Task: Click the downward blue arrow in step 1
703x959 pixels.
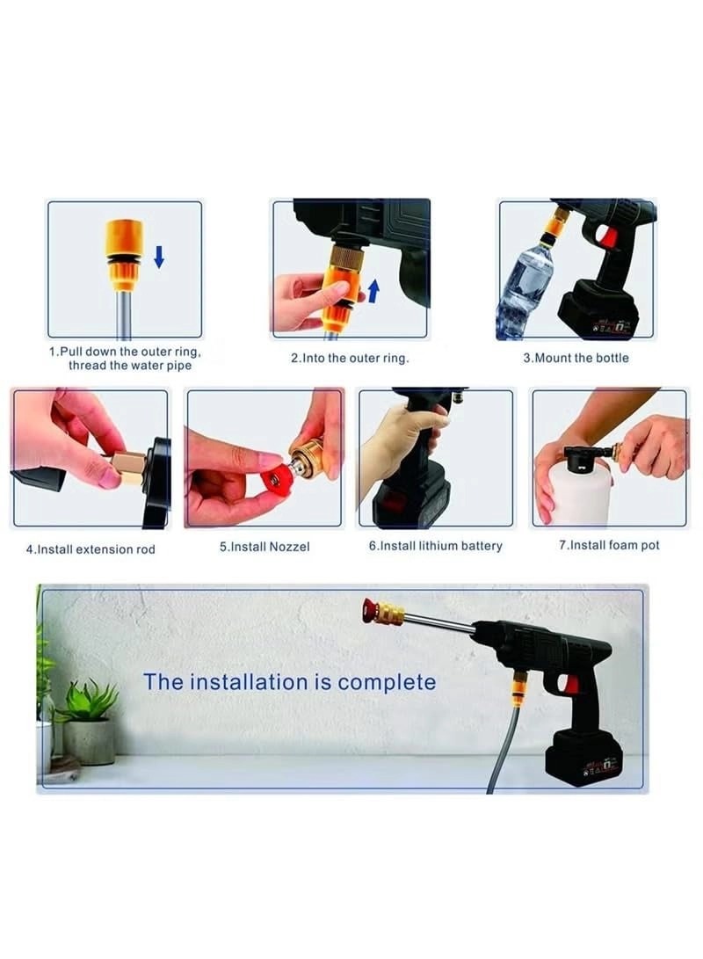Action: coord(159,257)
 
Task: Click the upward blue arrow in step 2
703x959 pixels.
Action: coord(373,290)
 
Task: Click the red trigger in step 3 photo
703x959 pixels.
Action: coord(607,236)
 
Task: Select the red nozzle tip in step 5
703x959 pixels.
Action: coord(279,480)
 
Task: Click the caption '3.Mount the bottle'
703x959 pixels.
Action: coord(576,358)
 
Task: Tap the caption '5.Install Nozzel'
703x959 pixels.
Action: coord(265,547)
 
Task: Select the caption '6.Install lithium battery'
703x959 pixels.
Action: coord(435,546)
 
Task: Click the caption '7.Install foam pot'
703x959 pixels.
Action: coord(609,545)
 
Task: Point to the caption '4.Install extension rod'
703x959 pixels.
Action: coord(91,549)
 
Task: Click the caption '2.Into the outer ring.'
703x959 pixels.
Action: coord(350,358)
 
